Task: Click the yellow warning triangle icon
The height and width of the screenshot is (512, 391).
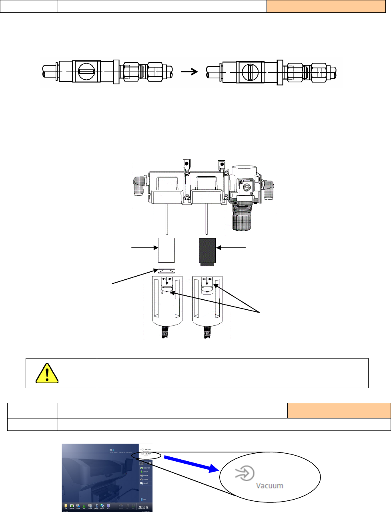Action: coord(47,373)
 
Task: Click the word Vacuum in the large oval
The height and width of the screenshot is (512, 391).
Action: coord(269,486)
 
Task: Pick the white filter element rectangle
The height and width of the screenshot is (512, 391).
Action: coord(166,250)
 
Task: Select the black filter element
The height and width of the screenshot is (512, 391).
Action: coord(207,251)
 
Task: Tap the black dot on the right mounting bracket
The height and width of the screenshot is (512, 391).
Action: coord(221,163)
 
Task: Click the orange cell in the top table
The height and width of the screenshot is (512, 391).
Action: coord(326,6)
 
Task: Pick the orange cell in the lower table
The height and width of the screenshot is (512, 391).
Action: coord(339,410)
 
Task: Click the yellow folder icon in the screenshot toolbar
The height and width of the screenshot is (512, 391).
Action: coord(66,506)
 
